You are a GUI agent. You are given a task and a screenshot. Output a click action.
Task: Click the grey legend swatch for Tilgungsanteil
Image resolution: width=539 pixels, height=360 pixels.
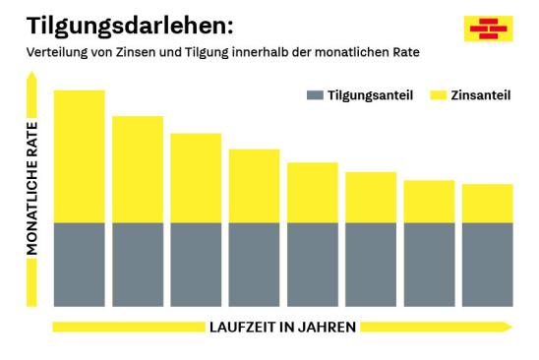pos(315,95)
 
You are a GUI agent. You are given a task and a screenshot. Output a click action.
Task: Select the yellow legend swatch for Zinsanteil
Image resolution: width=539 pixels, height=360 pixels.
pos(438,95)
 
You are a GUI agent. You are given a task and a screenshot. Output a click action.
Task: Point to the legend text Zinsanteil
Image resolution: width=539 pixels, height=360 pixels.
pos(481,95)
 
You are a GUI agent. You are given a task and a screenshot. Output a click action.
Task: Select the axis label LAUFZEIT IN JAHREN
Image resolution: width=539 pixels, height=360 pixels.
pos(281,326)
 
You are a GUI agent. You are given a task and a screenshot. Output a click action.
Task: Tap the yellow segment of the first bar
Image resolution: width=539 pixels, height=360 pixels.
pos(79,155)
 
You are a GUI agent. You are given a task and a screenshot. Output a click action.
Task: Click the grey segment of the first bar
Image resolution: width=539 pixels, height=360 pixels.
pos(79,264)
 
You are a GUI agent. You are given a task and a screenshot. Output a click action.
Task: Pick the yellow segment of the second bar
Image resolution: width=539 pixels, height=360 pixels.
pos(138,169)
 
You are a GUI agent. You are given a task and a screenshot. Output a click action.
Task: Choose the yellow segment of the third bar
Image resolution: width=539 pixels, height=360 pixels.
pos(196,178)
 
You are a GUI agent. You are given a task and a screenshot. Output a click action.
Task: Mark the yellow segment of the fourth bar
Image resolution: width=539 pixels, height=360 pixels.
pos(254,186)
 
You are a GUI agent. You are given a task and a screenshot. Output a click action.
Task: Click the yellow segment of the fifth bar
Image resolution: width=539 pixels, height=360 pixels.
pos(312,193)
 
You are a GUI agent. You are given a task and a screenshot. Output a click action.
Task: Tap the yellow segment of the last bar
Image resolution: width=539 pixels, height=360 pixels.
pos(487,204)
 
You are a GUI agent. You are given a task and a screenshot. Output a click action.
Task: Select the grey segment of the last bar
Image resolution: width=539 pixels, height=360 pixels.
pos(487,264)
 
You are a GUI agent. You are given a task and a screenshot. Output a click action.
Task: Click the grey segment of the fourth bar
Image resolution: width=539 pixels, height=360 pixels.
pos(254,264)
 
